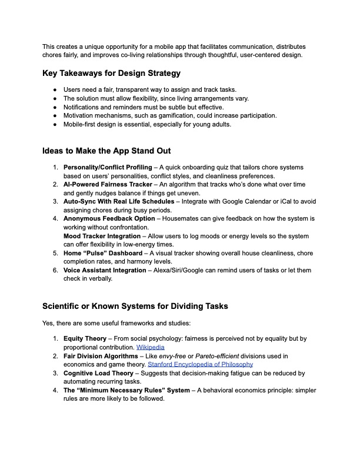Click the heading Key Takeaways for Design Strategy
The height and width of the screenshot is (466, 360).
click(111, 74)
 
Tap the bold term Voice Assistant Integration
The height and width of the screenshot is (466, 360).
click(105, 270)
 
